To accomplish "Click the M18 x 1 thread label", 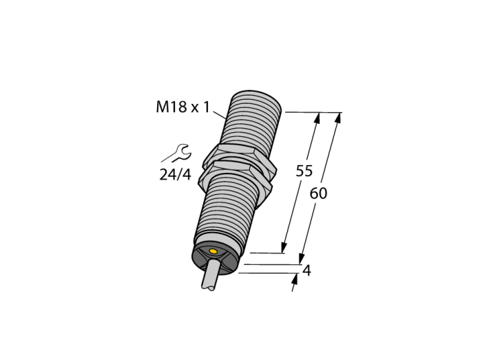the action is coord(182,107).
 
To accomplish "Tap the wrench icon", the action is coord(178,153).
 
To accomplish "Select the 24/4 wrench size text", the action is coord(175,175).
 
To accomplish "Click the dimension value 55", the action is coord(304,171).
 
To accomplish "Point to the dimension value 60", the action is coord(318,193).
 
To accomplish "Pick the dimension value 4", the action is coord(307,271).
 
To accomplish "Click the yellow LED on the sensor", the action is coord(213,251).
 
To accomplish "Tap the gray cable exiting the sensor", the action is coord(211,274).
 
